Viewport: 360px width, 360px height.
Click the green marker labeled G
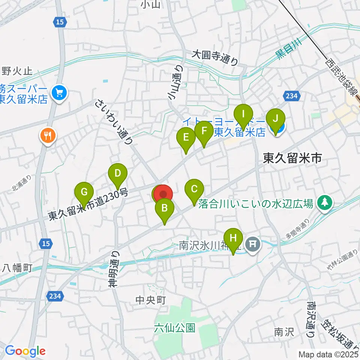click(84, 192)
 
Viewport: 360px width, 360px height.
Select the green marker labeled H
click(233, 238)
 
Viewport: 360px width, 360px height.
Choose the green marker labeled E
click(186, 137)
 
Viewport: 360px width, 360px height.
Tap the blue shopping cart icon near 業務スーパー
click(59, 91)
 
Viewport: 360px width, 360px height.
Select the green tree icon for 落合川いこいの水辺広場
click(323, 202)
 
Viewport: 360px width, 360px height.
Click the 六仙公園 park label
click(174, 328)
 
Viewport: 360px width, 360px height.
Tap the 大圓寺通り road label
click(214, 58)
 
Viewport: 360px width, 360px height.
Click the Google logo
click(25, 351)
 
